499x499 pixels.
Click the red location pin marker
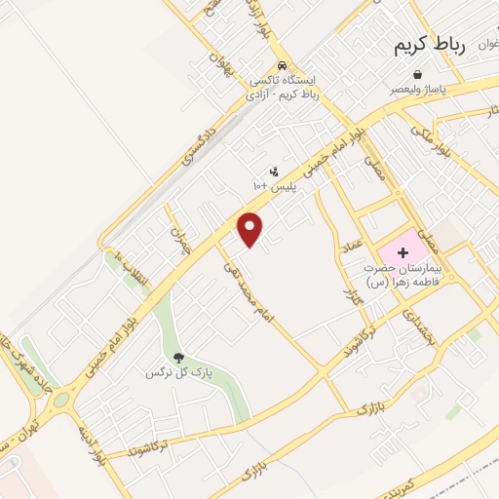[x=251, y=229]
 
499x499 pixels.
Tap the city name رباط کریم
[x=431, y=46]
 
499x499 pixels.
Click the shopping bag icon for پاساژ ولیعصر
[x=418, y=74]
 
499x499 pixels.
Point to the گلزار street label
[x=352, y=288]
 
